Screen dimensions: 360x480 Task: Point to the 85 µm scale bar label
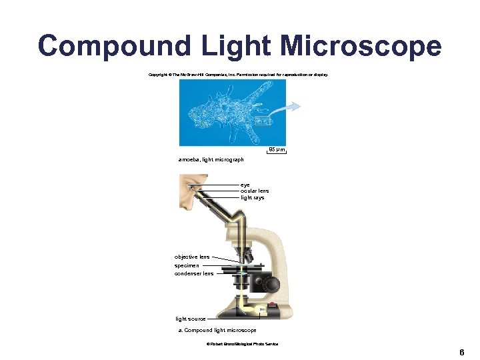[276, 149]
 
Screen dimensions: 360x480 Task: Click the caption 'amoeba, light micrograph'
[211, 159]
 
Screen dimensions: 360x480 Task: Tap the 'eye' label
[245, 184]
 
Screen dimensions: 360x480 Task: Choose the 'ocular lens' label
[255, 191]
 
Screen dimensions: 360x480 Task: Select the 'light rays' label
[253, 197]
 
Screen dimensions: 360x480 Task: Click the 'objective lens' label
[192, 257]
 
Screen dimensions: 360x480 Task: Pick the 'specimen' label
[187, 265]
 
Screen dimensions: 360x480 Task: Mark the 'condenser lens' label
[194, 273]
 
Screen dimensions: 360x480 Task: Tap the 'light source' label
[191, 319]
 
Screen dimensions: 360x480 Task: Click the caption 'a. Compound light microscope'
[217, 330]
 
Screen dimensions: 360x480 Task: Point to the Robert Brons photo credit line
[243, 344]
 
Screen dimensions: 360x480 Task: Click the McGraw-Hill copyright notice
[239, 75]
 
